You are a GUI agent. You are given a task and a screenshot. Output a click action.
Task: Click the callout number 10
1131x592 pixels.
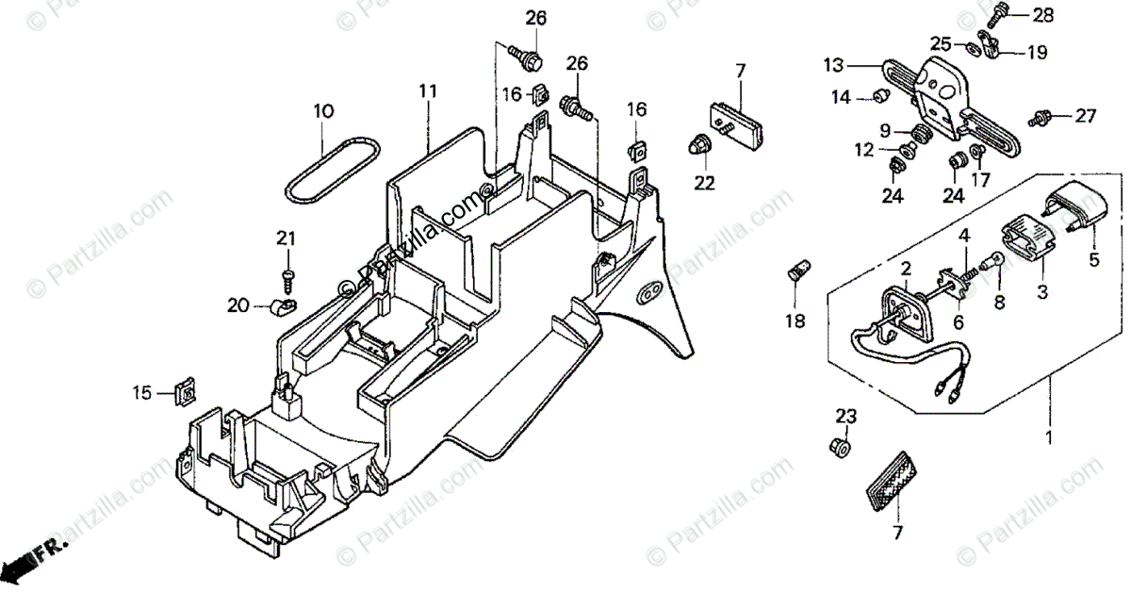coord(323,111)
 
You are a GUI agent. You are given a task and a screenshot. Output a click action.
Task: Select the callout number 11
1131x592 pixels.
coord(429,91)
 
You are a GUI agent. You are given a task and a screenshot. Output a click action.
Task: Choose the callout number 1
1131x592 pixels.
coord(1048,437)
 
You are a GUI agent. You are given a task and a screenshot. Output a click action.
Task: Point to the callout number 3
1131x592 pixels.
coord(1041,293)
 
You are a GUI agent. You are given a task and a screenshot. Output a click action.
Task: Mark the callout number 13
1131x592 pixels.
coord(833,65)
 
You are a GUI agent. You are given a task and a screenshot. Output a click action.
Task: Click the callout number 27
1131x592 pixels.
coord(1086,116)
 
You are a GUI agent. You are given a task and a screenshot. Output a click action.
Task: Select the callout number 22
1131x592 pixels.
coord(705,182)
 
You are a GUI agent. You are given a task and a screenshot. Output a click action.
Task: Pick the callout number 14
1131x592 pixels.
coord(841,96)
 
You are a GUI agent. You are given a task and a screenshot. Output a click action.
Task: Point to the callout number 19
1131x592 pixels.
coord(1037,53)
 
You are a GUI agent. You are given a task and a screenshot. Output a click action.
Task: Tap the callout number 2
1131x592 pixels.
coord(905,270)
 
